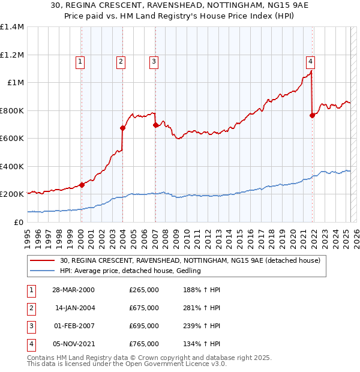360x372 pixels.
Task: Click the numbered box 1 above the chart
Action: (80, 61)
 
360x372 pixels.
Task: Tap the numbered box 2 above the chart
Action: (121, 61)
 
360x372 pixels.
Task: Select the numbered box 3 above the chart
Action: (154, 61)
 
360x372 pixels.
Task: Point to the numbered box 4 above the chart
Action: (310, 61)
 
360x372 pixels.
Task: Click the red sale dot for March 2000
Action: (82, 185)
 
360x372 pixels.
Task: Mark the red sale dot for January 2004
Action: (122, 128)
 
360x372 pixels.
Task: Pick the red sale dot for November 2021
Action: (312, 115)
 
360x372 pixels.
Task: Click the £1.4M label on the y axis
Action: (12, 27)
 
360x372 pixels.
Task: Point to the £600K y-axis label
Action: (12, 139)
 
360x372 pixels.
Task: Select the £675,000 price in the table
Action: (144, 308)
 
